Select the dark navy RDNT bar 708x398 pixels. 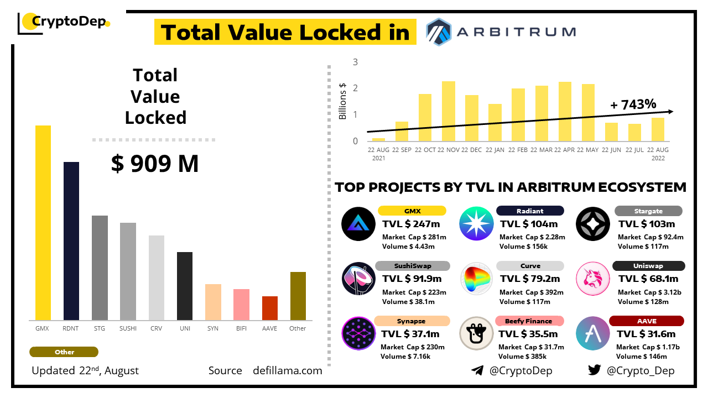click(x=71, y=241)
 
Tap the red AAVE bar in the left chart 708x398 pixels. click(x=270, y=308)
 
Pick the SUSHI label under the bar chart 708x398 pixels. click(x=128, y=328)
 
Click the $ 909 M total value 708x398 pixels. click(x=155, y=164)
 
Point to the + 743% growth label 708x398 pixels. click(x=633, y=104)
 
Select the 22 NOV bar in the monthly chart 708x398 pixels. click(x=449, y=111)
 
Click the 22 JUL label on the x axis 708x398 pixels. click(x=634, y=150)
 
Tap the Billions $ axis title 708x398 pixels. click(x=343, y=101)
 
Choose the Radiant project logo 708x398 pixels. click(x=476, y=224)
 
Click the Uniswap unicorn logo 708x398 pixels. click(x=593, y=279)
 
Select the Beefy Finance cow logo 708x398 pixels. click(x=476, y=333)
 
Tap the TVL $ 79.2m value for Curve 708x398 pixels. click(x=530, y=279)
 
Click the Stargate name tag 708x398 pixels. click(x=648, y=211)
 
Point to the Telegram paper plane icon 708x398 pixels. click(x=477, y=370)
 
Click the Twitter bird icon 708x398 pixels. click(x=595, y=370)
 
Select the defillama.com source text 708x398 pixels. click(x=287, y=370)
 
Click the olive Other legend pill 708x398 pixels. click(x=64, y=352)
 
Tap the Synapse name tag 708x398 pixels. click(x=412, y=321)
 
